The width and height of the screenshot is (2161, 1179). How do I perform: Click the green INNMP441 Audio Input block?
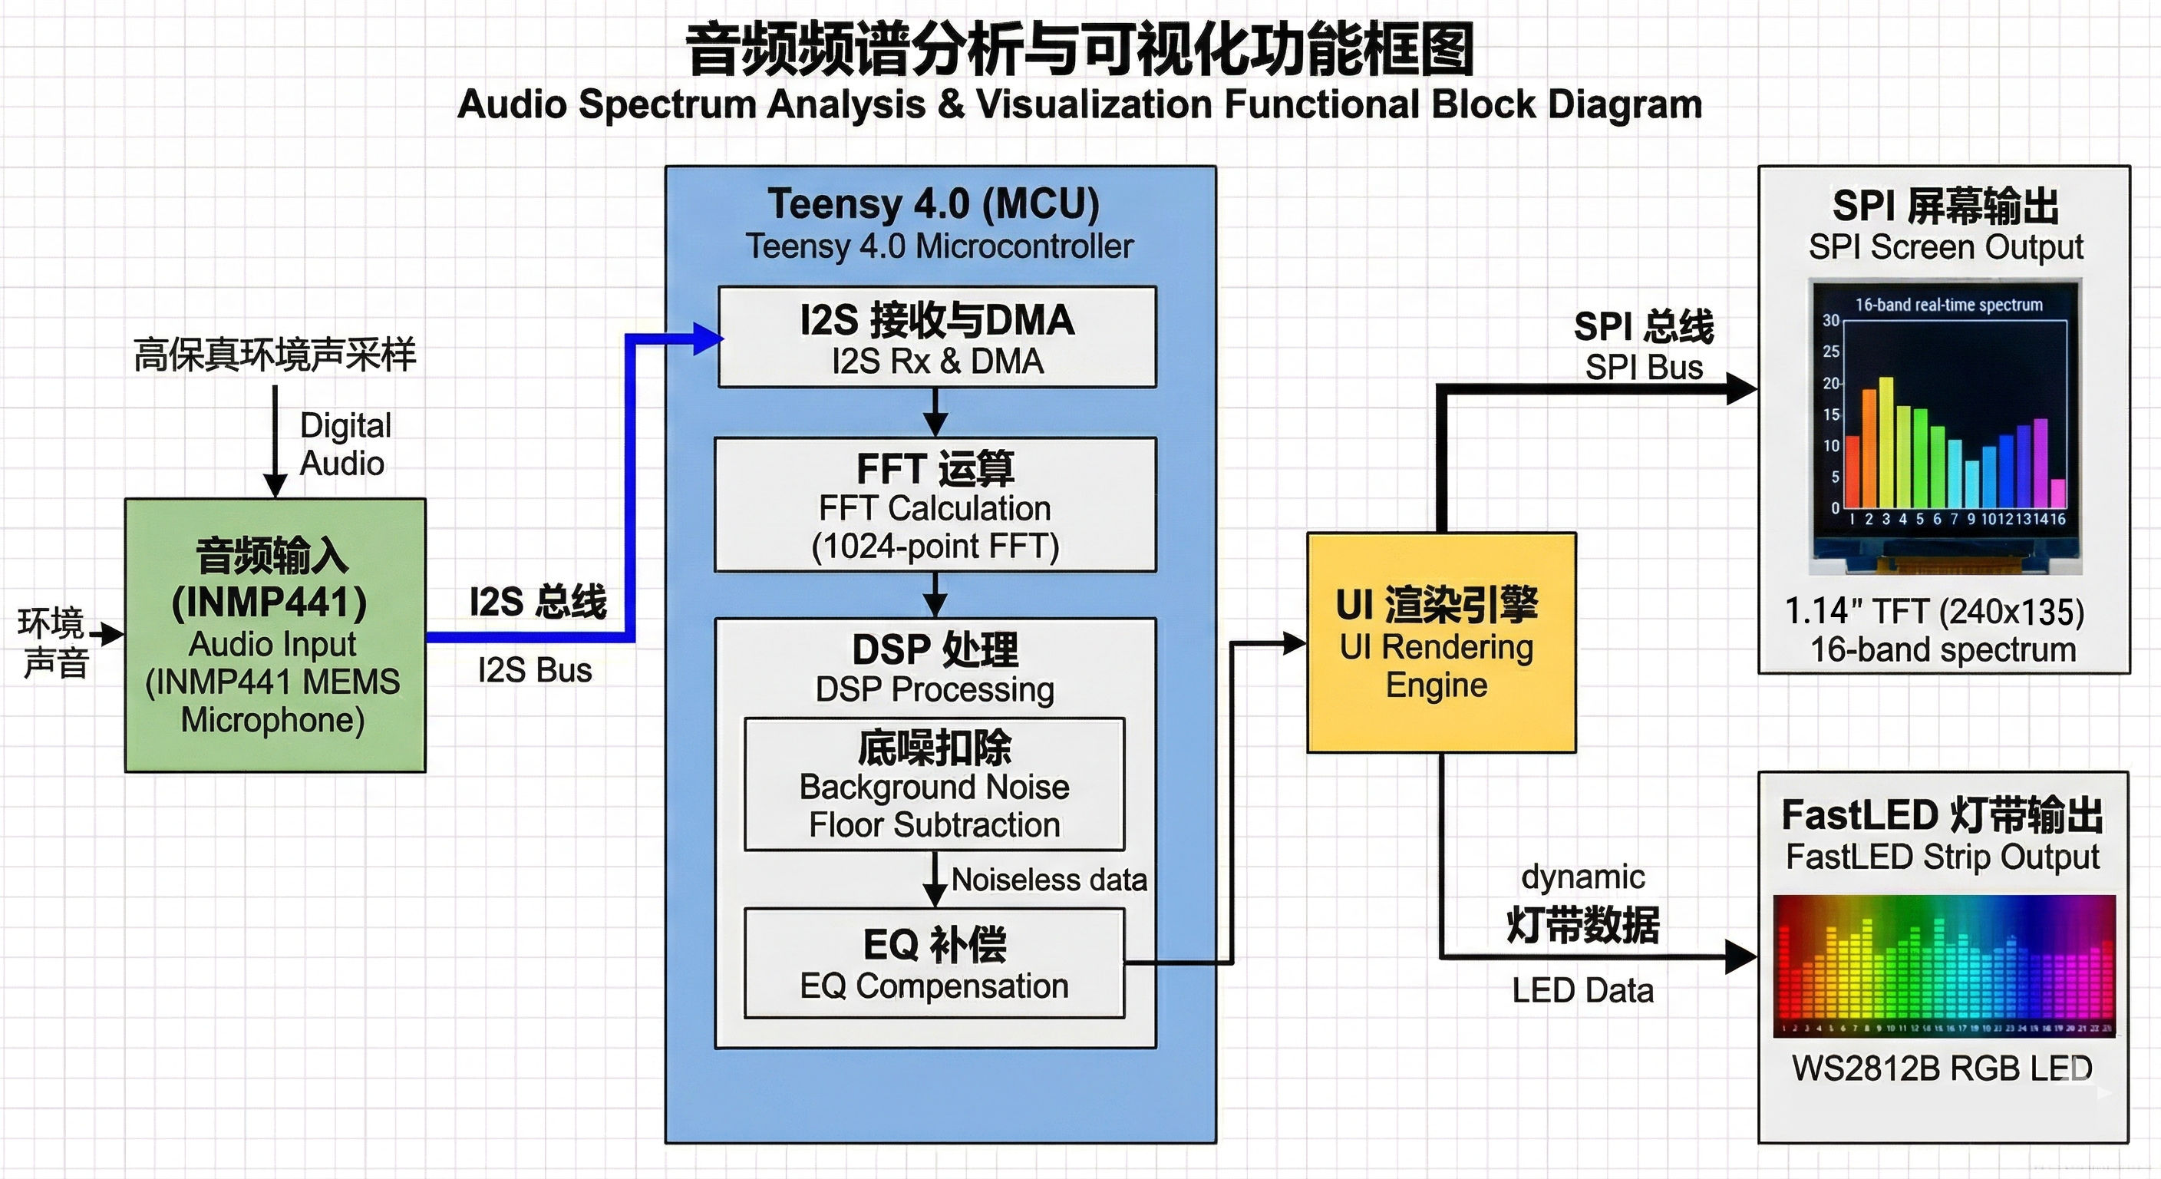pyautogui.click(x=275, y=636)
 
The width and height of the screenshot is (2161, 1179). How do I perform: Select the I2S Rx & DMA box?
pyautogui.click(x=937, y=337)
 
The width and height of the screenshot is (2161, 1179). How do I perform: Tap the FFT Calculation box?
pyautogui.click(x=935, y=505)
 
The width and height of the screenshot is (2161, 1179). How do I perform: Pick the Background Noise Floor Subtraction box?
pyautogui.click(x=935, y=784)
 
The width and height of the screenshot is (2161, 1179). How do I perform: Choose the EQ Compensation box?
pyautogui.click(x=935, y=964)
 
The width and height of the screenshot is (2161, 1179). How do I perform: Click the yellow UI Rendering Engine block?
pyautogui.click(x=1441, y=642)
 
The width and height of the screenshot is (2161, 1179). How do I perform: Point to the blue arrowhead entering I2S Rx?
pyautogui.click(x=709, y=339)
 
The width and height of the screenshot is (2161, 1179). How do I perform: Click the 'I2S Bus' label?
pyautogui.click(x=535, y=669)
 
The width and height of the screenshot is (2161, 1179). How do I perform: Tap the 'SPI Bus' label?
pyautogui.click(x=1644, y=367)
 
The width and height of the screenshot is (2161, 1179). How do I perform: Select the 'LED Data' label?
pyautogui.click(x=1583, y=990)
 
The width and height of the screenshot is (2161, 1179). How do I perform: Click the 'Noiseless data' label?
pyautogui.click(x=1048, y=880)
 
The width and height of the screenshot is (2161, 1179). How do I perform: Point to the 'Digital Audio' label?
pyautogui.click(x=345, y=444)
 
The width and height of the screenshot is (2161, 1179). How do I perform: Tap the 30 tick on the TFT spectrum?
pyautogui.click(x=1830, y=321)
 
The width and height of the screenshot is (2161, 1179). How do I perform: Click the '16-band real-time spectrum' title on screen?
pyautogui.click(x=1948, y=305)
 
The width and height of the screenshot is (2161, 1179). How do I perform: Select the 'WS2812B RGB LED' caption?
pyautogui.click(x=1942, y=1068)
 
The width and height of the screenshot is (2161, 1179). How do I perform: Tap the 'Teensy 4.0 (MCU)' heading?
pyautogui.click(x=934, y=204)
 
